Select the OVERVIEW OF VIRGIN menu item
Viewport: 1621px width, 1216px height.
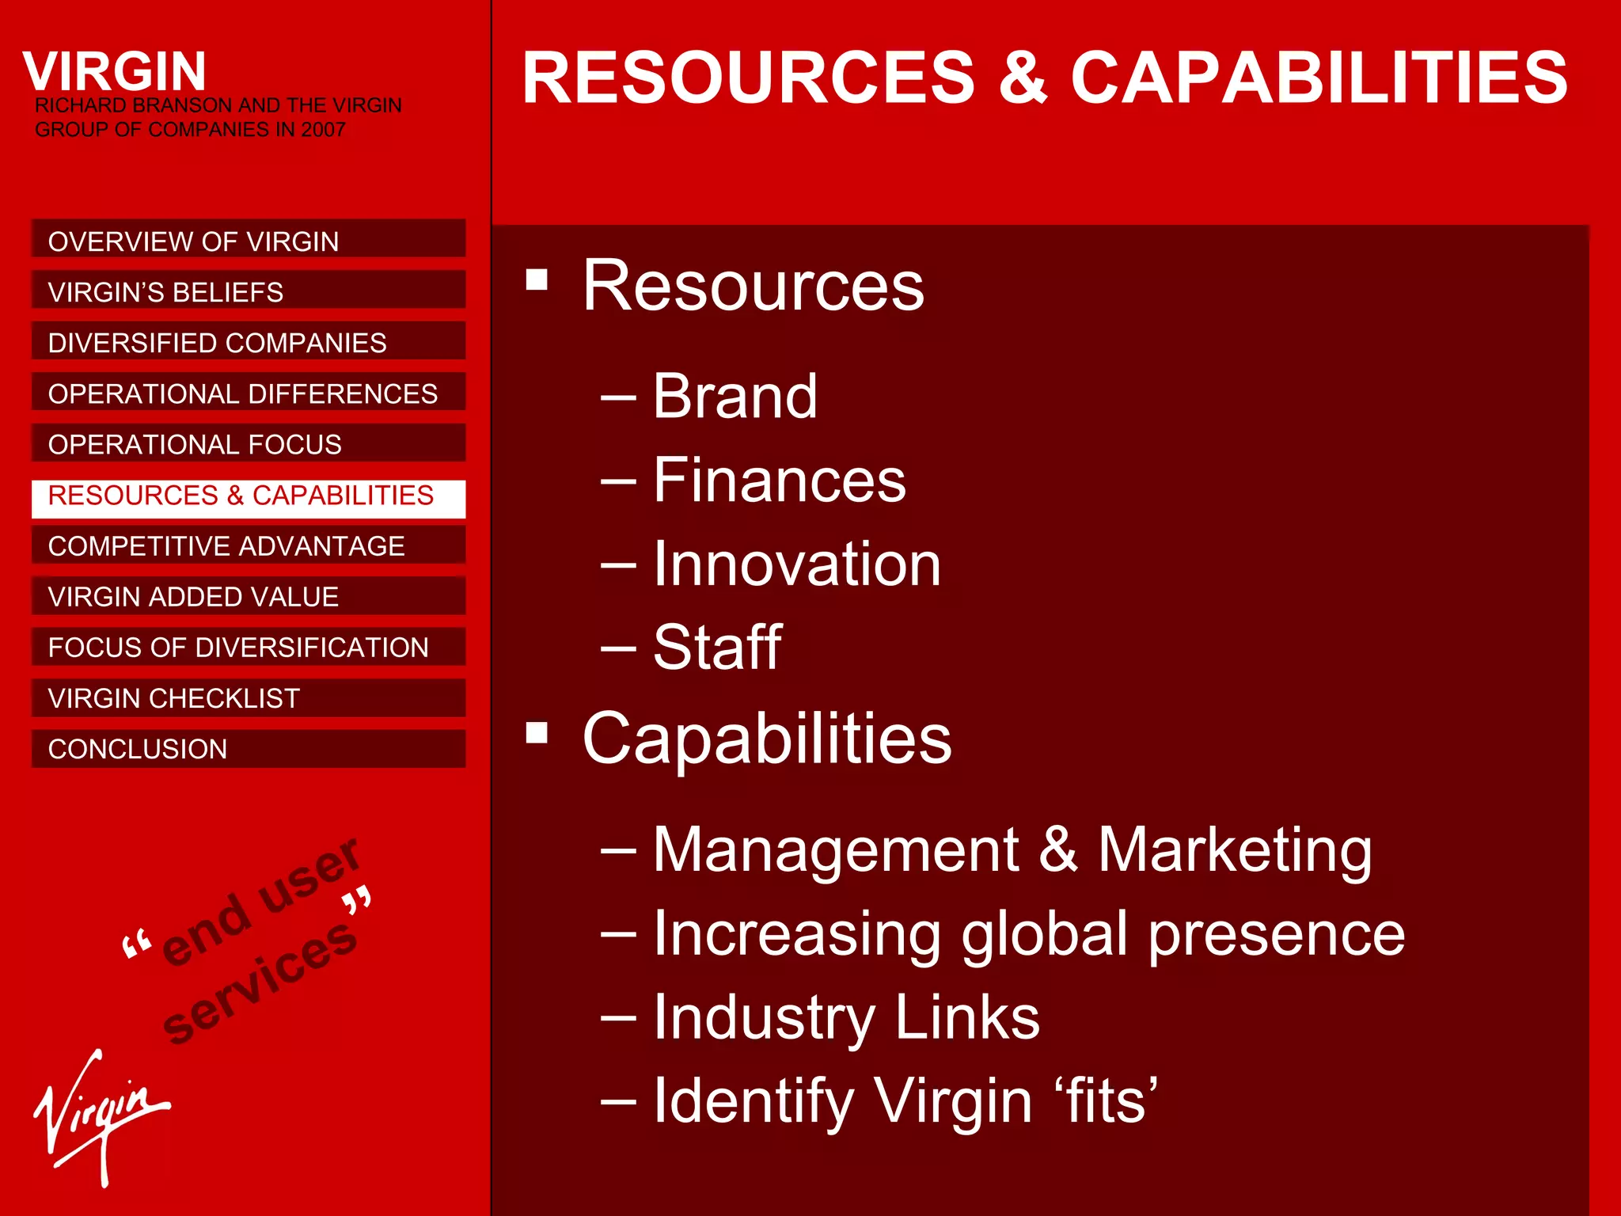coord(248,240)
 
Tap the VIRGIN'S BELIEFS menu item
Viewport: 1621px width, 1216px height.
coord(248,291)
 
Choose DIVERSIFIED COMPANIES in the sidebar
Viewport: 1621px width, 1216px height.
coord(248,342)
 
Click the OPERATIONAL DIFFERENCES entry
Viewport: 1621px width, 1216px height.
coord(248,393)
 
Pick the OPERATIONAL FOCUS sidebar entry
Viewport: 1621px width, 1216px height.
coord(248,443)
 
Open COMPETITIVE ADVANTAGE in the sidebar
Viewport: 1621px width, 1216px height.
coord(248,545)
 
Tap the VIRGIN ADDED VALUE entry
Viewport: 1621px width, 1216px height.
coord(248,596)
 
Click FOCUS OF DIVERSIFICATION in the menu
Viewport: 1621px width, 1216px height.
coord(248,647)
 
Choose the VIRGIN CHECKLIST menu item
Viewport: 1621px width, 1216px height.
coord(248,697)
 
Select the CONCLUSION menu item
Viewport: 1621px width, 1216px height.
coord(248,748)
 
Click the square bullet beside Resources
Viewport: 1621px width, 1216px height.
coord(537,279)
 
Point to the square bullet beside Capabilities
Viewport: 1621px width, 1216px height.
coord(537,733)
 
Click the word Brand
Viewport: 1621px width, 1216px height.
coord(735,396)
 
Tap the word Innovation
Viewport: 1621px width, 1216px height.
coord(796,564)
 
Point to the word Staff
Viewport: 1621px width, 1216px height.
coord(717,648)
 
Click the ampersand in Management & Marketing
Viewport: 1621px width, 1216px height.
coord(1057,849)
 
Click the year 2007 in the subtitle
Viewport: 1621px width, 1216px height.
coord(323,129)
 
